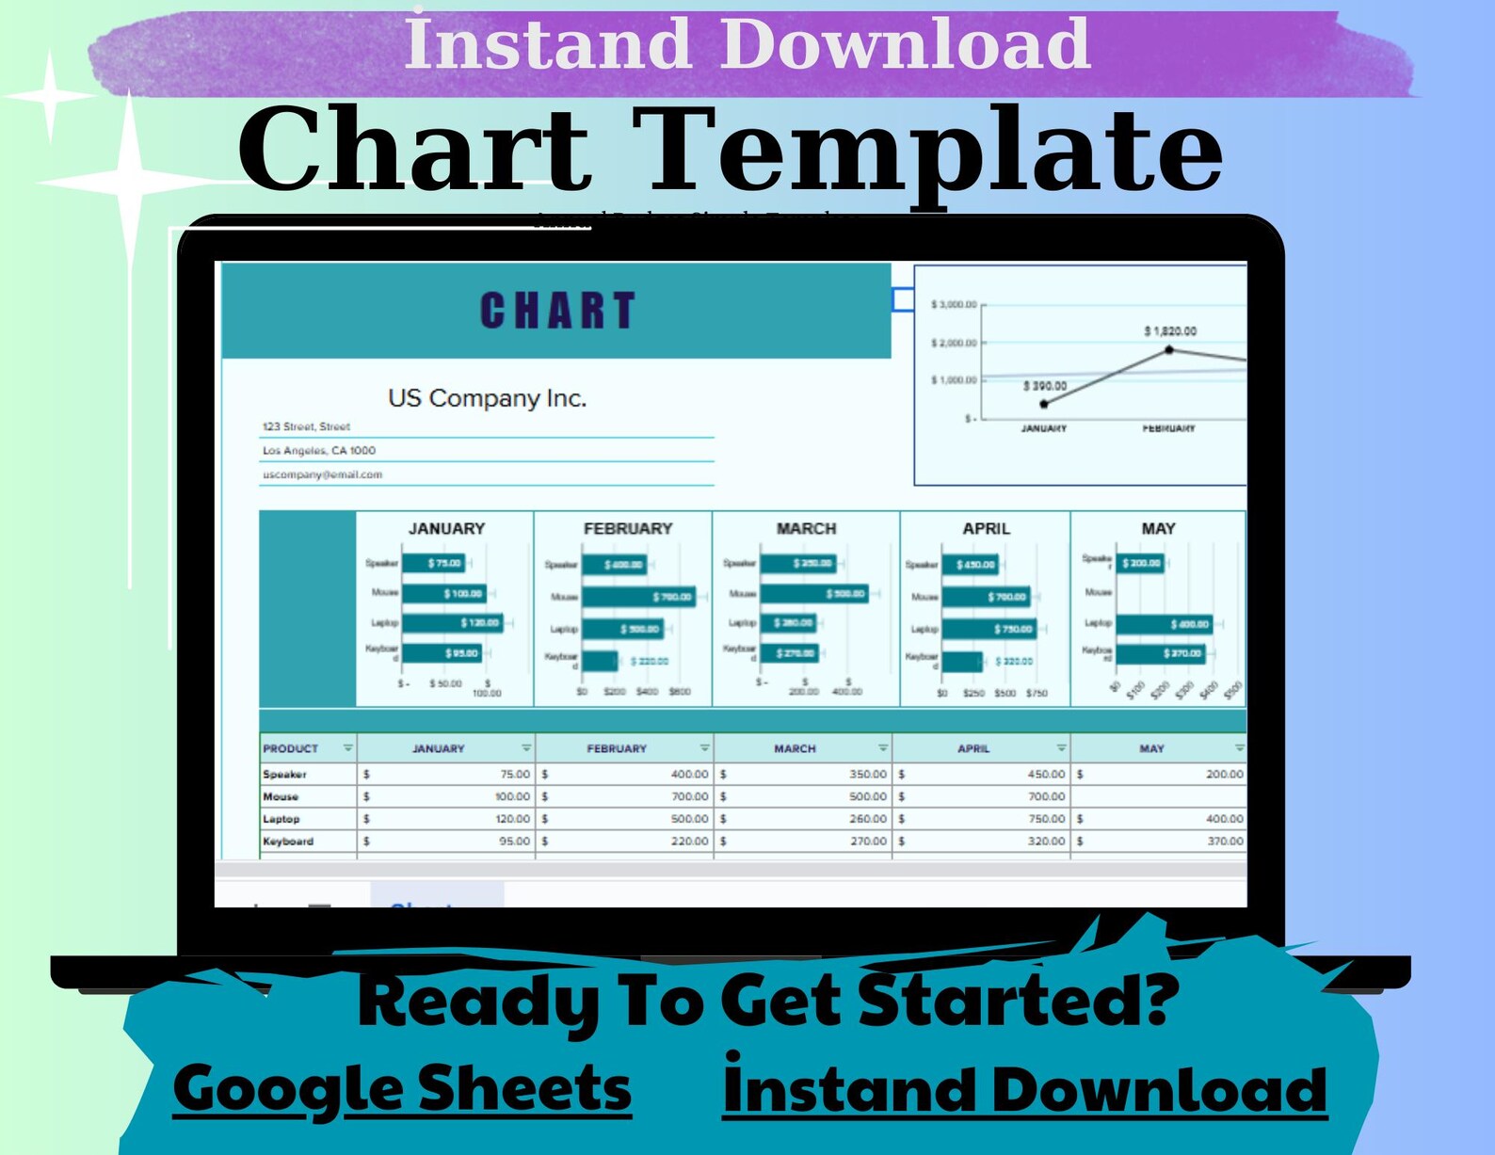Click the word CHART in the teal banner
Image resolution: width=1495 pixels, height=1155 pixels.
(557, 311)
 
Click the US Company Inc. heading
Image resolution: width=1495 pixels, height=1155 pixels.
(487, 398)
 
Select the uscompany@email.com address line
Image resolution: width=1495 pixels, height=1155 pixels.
(322, 474)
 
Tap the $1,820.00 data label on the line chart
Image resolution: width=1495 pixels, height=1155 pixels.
(1170, 331)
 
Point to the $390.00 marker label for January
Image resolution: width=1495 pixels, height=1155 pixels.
(1045, 386)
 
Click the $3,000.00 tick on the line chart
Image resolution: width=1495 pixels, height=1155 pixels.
(954, 305)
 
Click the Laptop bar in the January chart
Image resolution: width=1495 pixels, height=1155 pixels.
(452, 623)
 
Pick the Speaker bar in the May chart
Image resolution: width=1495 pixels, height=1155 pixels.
(1140, 563)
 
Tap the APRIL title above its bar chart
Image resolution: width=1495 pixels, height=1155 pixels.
(986, 529)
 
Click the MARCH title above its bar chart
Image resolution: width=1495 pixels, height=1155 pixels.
(806, 529)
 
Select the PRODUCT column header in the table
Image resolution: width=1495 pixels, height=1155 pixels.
(291, 748)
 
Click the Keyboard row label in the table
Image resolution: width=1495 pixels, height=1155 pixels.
(288, 842)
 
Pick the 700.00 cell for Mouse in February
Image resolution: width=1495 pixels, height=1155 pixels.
(689, 796)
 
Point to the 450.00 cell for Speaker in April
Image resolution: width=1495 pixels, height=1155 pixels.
(1046, 774)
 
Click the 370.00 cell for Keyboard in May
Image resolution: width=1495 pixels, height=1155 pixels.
(1225, 842)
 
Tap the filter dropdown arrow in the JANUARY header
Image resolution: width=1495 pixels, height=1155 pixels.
(526, 747)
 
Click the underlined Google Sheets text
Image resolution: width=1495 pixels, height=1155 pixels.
(402, 1089)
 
